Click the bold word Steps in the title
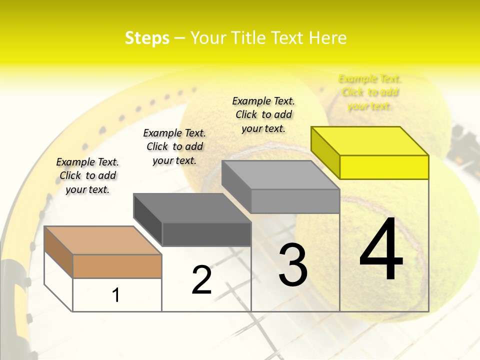tap(147, 38)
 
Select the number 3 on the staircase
tap(292, 264)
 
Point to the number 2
tap(201, 279)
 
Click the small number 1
tap(116, 295)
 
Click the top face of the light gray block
tap(280, 175)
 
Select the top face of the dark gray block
tap(192, 208)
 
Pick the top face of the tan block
tap(103, 240)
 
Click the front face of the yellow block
tap(384, 167)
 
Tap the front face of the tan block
tap(117, 266)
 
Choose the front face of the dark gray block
tap(206, 234)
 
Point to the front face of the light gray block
tap(295, 201)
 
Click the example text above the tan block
tap(87, 175)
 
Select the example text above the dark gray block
tap(174, 146)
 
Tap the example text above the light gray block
tap(263, 114)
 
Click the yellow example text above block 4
tap(369, 92)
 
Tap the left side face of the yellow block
tap(325, 152)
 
